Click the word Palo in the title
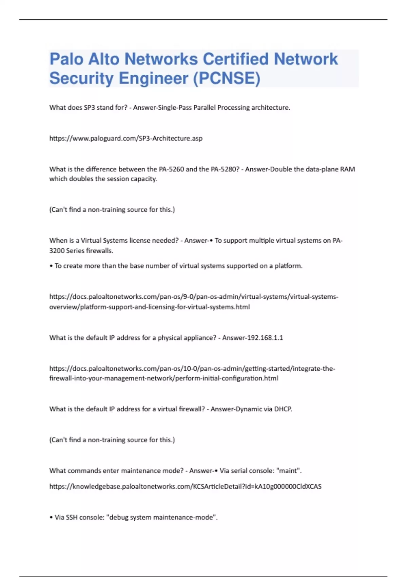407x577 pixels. pos(66,59)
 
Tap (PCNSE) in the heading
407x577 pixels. pos(227,78)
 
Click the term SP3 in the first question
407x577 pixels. pos(89,108)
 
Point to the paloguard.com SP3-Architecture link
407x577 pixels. pos(126,138)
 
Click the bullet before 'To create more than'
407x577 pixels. pos(51,266)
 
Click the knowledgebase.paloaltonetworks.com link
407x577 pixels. pos(185,486)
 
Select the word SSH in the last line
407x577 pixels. pos(72,517)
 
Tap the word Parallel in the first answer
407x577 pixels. pos(205,108)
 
